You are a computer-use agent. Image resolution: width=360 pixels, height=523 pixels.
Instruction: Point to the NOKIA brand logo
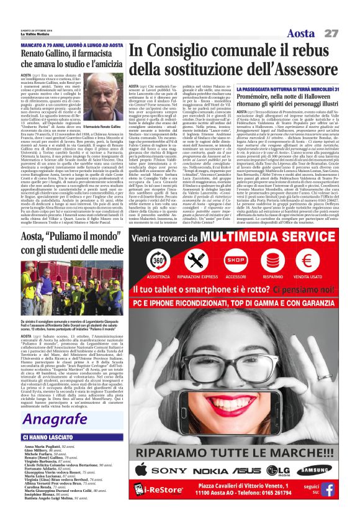pyautogui.click(x=227, y=471)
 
